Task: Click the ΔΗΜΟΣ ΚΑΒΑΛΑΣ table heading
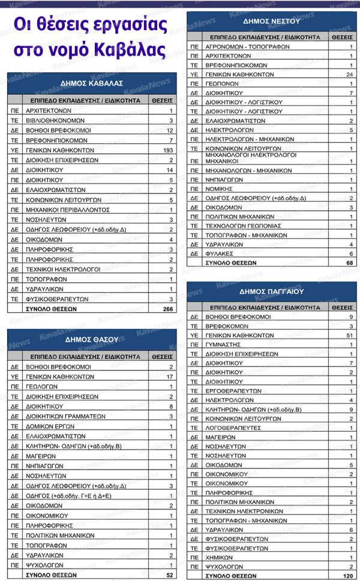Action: click(92, 82)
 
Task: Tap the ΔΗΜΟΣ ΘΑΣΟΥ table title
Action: click(92, 339)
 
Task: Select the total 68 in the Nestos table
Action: click(349, 262)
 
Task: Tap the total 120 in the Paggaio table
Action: click(347, 575)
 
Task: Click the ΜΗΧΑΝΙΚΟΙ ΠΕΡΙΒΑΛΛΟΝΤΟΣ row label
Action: click(67, 209)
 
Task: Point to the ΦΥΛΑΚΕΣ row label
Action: click(220, 253)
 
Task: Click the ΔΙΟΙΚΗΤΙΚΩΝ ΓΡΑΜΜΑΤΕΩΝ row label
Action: click(62, 416)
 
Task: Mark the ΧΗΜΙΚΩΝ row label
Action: click(219, 557)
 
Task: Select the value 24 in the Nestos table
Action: click(349, 74)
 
